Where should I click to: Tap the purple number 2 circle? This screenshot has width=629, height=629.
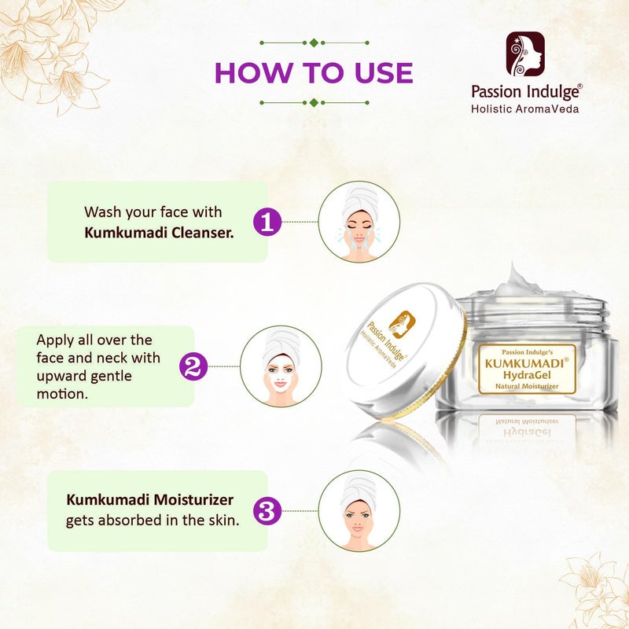(193, 366)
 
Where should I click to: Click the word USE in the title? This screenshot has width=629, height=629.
(375, 72)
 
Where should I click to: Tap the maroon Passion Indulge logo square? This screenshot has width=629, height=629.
(525, 54)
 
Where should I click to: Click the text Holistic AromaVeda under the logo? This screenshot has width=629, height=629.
(524, 109)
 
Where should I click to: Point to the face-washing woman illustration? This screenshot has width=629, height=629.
(358, 222)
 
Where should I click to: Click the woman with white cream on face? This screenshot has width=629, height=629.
(280, 366)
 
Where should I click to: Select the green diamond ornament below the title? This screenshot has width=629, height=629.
(314, 102)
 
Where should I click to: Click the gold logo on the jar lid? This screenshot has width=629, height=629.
(403, 321)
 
